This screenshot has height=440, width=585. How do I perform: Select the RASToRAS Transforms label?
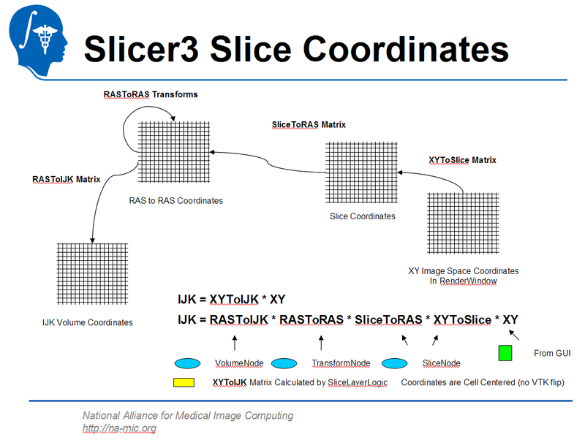149,95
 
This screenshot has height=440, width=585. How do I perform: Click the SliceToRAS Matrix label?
308,125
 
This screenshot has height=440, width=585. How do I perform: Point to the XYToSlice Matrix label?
462,159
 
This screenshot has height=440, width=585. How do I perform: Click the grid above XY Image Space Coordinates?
463,224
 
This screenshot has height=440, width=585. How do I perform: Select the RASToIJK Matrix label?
67,179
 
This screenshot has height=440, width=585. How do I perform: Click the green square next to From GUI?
505,353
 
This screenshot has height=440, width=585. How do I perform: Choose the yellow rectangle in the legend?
183,382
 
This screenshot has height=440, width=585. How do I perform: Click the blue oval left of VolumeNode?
187,363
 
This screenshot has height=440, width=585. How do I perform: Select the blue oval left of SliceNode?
394,363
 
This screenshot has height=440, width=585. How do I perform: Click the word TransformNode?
340,363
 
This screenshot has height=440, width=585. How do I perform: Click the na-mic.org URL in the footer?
118,428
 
